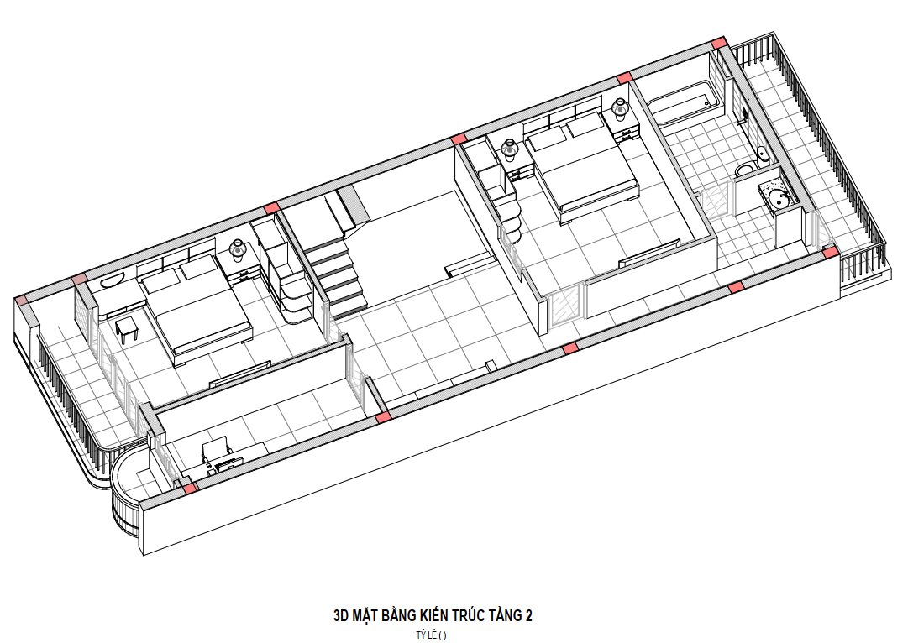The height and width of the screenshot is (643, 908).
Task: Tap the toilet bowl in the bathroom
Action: click(745, 170)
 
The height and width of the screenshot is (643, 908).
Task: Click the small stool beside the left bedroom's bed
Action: click(127, 330)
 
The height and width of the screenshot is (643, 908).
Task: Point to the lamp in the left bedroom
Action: click(238, 250)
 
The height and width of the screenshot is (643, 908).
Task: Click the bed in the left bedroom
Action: click(196, 310)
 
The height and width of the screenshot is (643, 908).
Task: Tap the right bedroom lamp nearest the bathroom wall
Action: click(620, 109)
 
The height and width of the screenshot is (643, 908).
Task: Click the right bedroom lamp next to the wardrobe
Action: click(510, 149)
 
